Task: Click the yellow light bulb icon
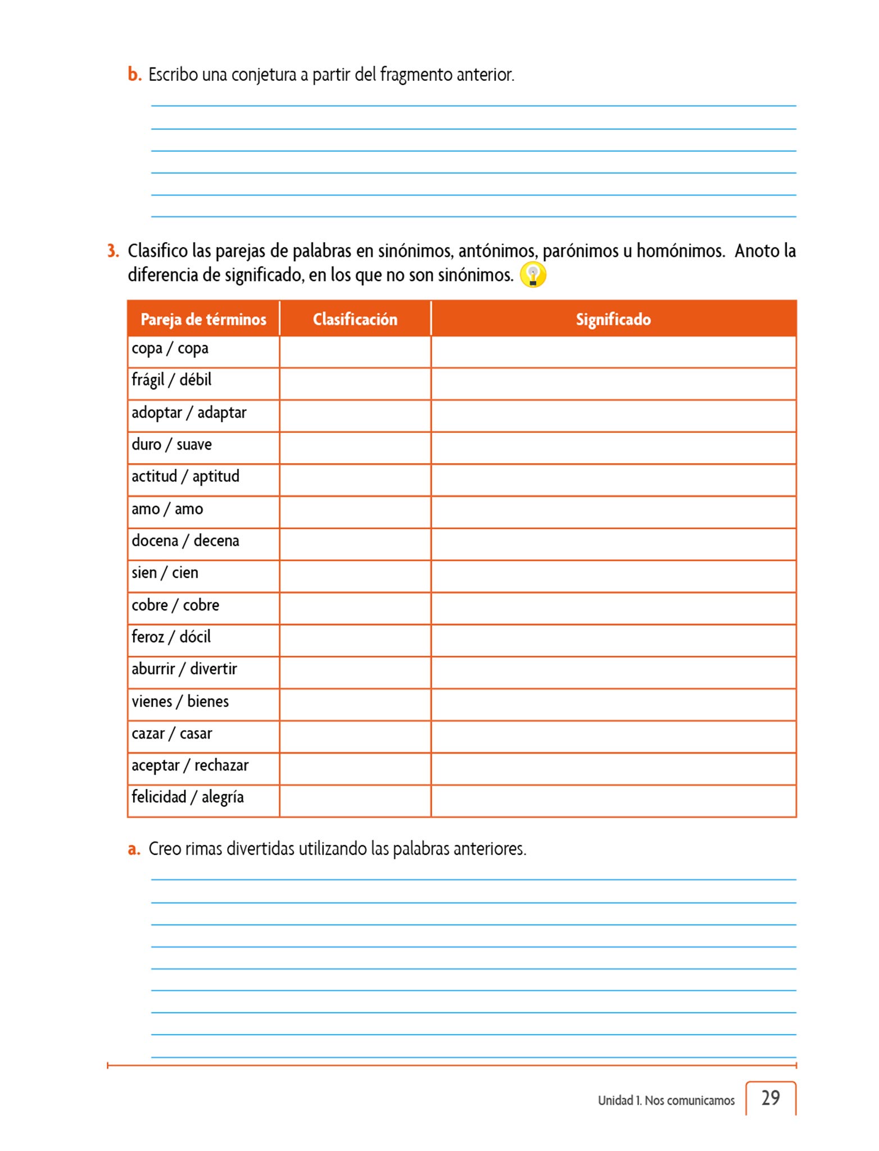533,275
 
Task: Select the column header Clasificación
355,319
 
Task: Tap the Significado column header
613,319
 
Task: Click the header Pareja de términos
203,319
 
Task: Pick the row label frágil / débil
171,380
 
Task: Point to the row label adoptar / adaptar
189,413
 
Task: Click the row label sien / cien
165,573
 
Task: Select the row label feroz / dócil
171,637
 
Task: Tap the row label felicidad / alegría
187,797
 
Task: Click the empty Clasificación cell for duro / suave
355,448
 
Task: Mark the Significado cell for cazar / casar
613,737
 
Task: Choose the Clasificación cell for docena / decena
355,544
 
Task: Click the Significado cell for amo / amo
613,512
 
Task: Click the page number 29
771,1098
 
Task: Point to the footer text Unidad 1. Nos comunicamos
666,1100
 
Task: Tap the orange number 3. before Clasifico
113,251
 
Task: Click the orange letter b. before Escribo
134,74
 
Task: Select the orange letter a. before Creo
134,849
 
